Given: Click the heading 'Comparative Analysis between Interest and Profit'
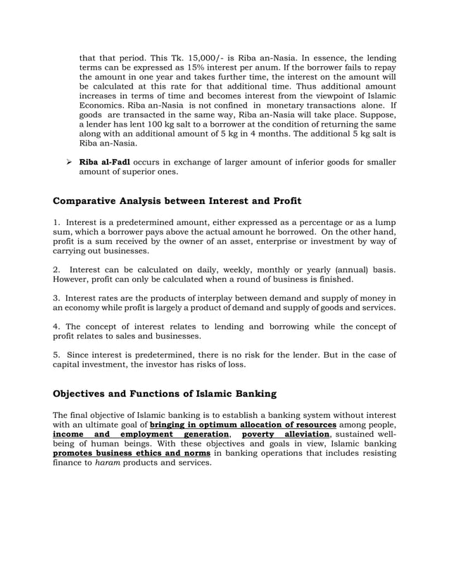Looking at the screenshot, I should click(177, 201).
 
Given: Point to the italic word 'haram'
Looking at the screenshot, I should click(107, 464).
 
